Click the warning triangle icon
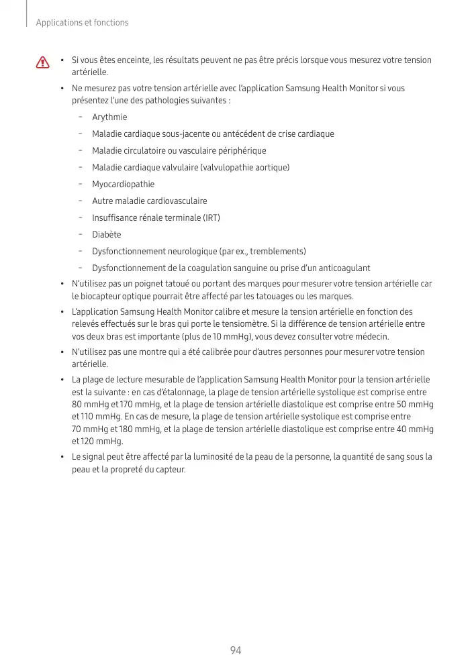click(x=44, y=62)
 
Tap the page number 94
click(x=236, y=650)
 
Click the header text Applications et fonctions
click(x=82, y=23)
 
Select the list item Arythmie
click(x=109, y=117)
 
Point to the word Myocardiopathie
click(x=123, y=185)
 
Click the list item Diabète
click(x=107, y=235)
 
